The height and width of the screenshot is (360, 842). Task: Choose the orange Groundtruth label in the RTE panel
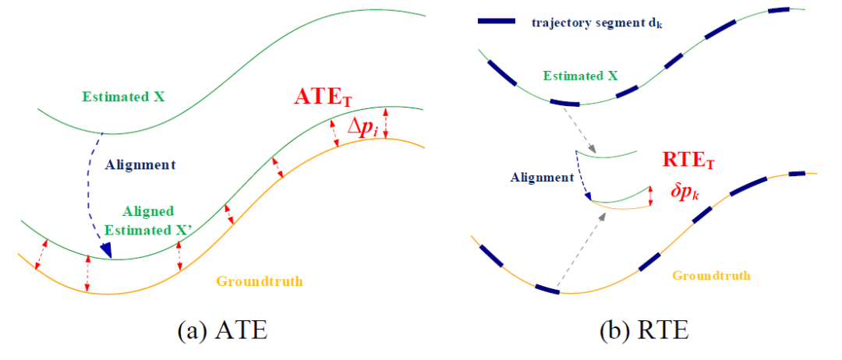tap(711, 275)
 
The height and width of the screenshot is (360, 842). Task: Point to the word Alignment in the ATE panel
tap(140, 164)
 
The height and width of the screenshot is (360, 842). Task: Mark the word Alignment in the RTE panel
tap(542, 177)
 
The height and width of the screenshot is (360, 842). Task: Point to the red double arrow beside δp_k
tap(650, 196)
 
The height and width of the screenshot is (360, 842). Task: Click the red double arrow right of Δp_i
tap(387, 124)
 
